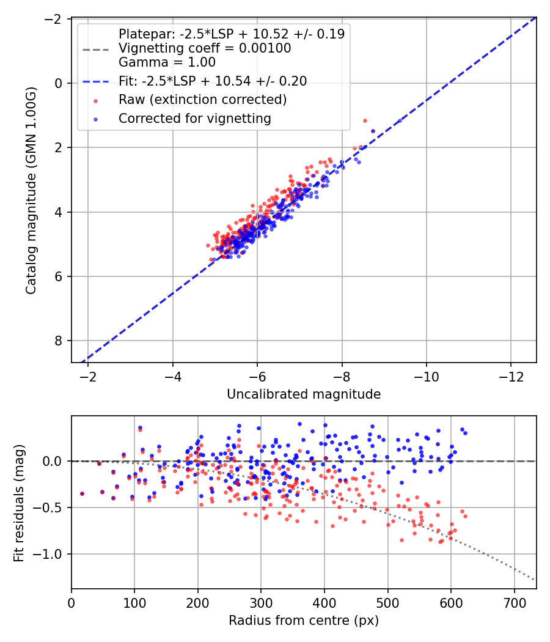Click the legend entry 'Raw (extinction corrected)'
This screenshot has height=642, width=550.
coord(202,100)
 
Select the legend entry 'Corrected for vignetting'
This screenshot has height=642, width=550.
coord(195,119)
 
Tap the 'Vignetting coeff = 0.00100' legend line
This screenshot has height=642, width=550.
coord(205,48)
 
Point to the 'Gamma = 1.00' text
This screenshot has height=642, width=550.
coord(167,62)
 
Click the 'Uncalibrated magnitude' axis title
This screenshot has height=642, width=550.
coord(304,394)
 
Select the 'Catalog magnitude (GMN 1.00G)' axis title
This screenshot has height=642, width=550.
coord(31,190)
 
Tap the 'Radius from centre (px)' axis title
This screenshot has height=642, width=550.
coord(304,621)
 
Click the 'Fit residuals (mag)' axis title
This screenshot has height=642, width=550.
coord(19,503)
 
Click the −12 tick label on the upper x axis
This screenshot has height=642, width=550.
coord(511,377)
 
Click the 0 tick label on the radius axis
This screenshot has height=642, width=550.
coord(71,603)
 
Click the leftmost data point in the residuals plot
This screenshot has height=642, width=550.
coord(82,494)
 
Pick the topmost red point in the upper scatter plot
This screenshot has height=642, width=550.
coord(365,121)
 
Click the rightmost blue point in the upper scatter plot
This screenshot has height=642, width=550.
coord(400,121)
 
